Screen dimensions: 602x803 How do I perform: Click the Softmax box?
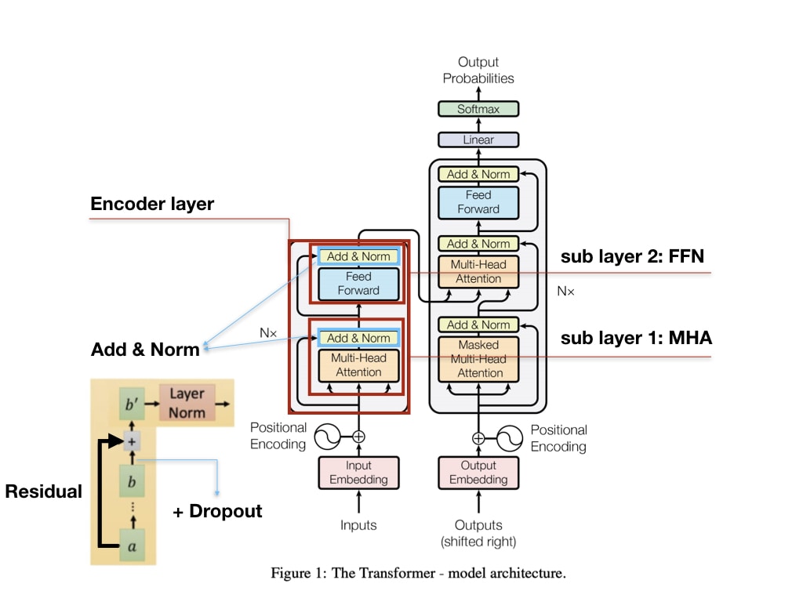tap(478, 109)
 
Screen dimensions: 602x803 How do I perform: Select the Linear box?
tap(478, 140)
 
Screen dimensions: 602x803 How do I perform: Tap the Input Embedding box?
tap(358, 473)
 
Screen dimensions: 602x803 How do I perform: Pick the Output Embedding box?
tap(478, 473)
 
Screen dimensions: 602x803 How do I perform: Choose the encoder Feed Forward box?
tap(358, 283)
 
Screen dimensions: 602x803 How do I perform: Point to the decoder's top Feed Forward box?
tap(478, 202)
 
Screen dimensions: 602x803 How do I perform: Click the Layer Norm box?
tap(187, 403)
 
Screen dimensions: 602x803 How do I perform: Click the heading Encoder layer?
tap(152, 205)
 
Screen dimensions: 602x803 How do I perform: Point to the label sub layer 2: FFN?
tap(631, 256)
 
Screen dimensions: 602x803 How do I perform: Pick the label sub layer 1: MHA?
tap(636, 339)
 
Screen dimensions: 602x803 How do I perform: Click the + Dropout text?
tap(217, 512)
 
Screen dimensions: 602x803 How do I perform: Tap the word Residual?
tap(43, 492)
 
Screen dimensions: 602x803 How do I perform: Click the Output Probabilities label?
tap(478, 70)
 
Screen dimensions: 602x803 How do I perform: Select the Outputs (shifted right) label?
tap(478, 533)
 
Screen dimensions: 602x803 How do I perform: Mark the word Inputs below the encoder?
tap(358, 525)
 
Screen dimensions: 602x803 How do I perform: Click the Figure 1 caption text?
tap(418, 574)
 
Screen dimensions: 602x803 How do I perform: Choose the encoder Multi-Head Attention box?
tap(358, 365)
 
